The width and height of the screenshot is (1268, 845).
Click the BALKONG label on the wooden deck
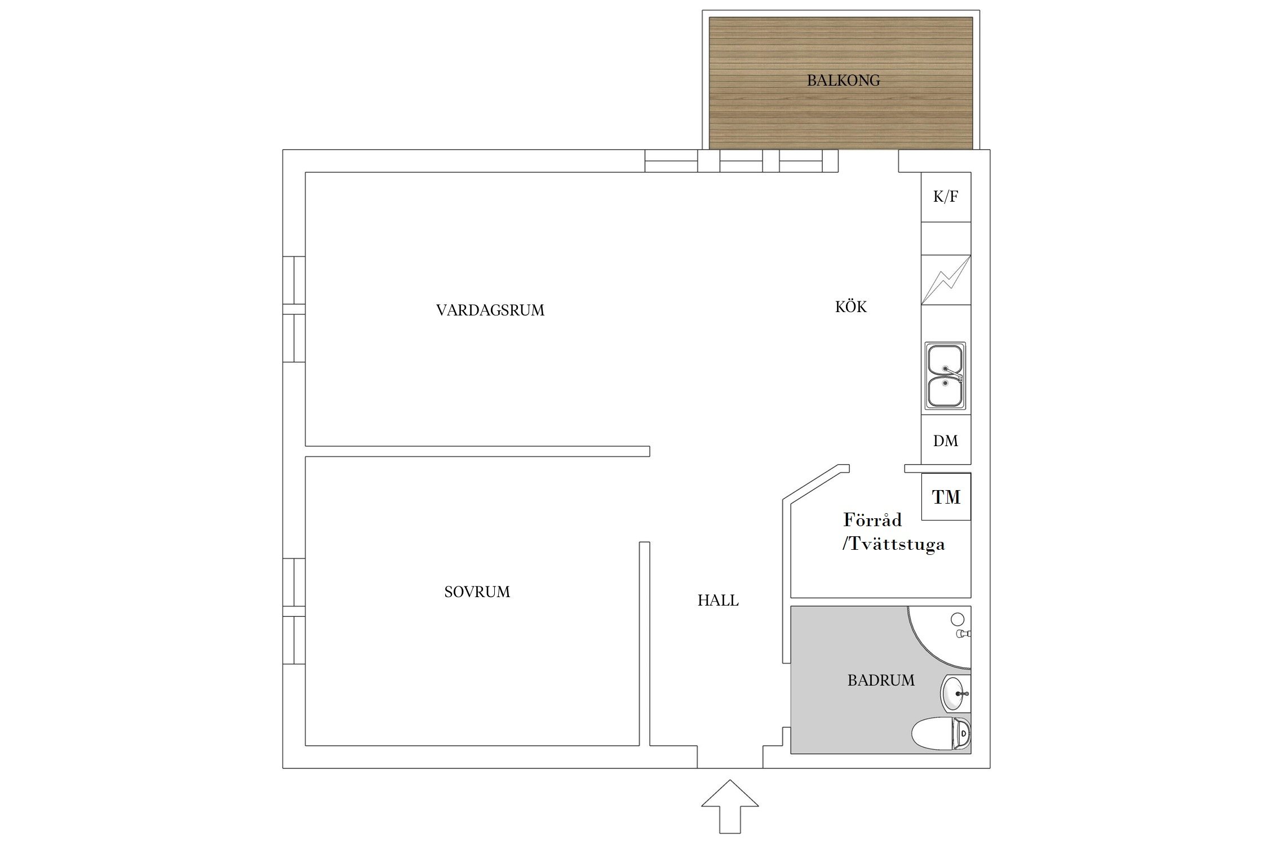click(x=843, y=81)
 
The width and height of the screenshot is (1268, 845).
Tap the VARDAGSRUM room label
click(x=490, y=310)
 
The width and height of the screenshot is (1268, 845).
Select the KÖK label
click(x=851, y=306)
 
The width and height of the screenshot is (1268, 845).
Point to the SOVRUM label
click(x=477, y=592)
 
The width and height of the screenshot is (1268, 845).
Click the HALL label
click(x=718, y=601)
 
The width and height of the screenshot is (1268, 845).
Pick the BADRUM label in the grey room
click(x=881, y=681)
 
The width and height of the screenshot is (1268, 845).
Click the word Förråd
click(x=872, y=519)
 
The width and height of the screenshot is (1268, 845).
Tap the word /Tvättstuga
click(x=893, y=545)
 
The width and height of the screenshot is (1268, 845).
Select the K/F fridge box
click(x=946, y=197)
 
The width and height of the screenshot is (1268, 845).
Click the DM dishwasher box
click(x=946, y=440)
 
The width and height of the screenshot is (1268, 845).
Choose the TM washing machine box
click(x=946, y=496)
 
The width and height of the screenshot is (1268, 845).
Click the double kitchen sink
click(x=945, y=376)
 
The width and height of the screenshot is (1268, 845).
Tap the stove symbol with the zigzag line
click(x=946, y=280)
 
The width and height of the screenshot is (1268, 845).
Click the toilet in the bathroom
click(x=941, y=733)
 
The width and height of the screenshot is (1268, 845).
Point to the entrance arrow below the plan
click(x=730, y=806)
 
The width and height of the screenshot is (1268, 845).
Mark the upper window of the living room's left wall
click(x=294, y=280)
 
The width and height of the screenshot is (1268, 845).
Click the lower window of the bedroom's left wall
click(x=294, y=641)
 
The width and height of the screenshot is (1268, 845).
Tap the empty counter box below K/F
click(x=946, y=238)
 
